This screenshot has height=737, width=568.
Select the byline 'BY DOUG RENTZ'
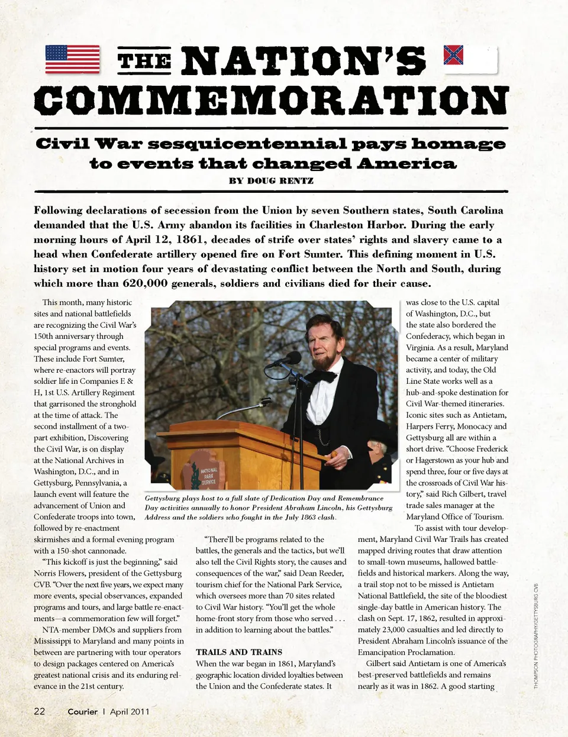[271, 180]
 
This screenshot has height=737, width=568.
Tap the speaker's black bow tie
[324, 375]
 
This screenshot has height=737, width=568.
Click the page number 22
[40, 711]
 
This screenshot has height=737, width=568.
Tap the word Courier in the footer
[82, 712]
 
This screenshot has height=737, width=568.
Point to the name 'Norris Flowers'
[62, 573]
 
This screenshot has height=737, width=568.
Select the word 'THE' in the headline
[145, 61]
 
